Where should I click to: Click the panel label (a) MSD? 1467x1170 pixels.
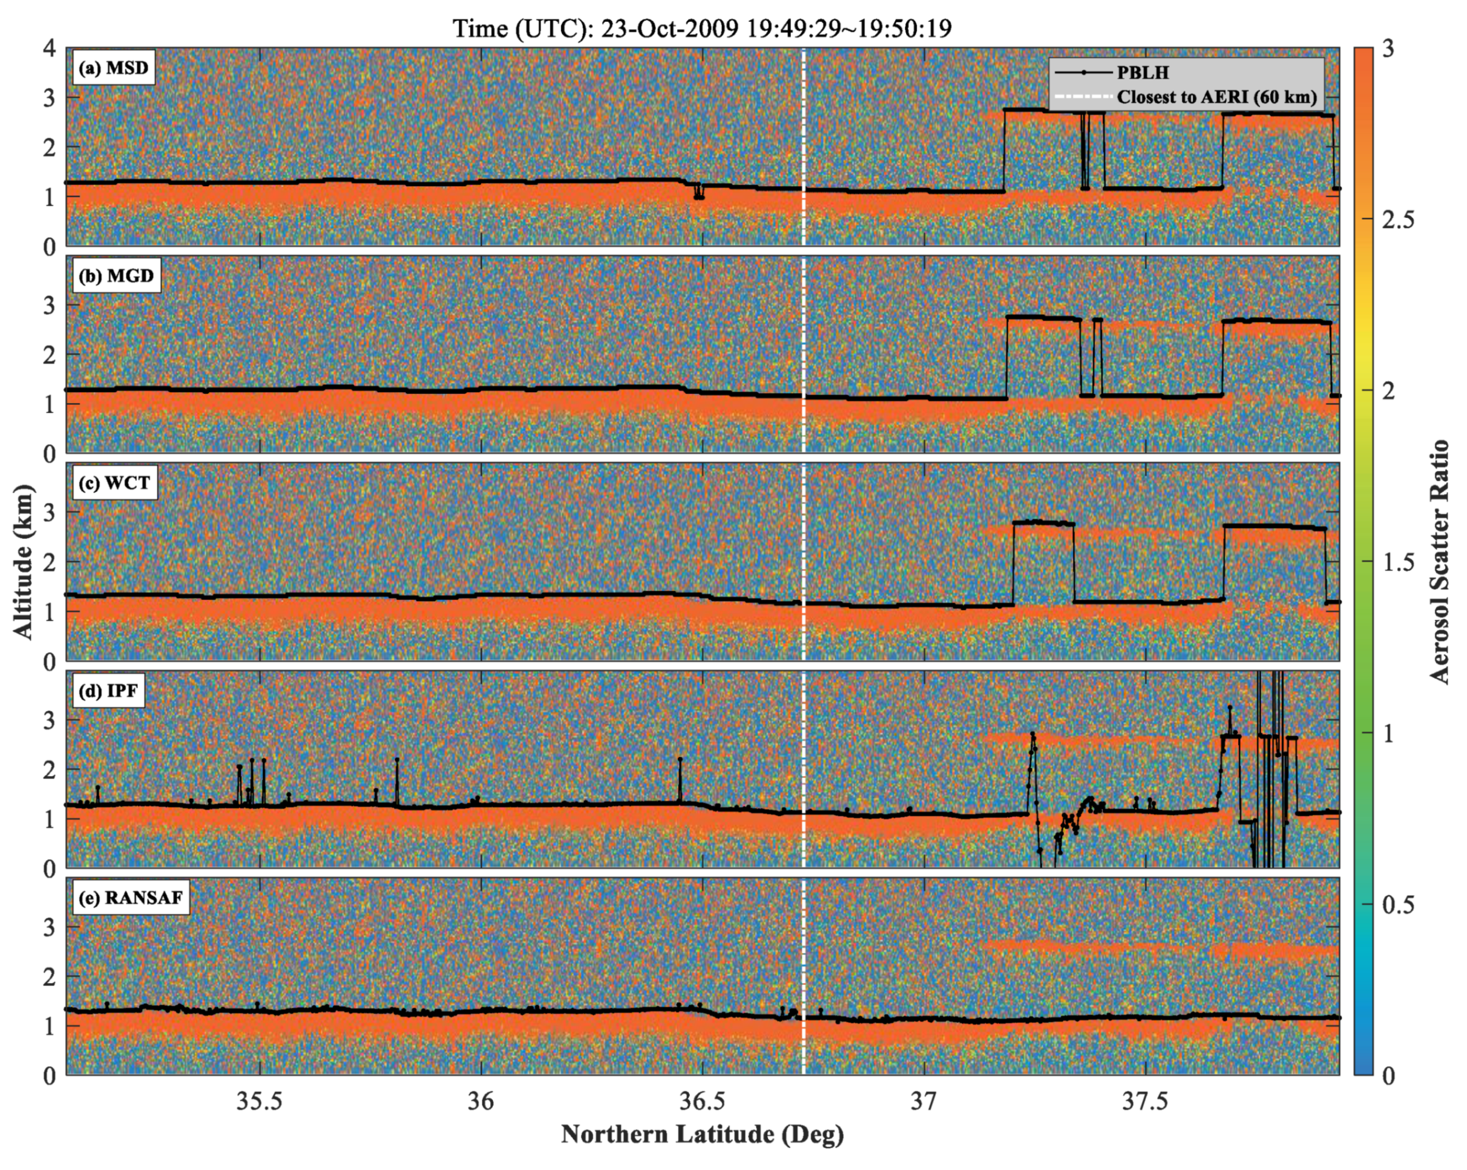click(x=113, y=69)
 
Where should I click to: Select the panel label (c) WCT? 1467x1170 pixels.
click(x=114, y=483)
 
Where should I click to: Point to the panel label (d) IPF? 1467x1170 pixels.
click(x=108, y=691)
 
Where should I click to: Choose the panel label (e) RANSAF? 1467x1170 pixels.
click(x=131, y=898)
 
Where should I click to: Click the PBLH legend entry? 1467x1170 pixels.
click(x=1143, y=72)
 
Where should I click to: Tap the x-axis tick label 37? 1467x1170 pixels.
click(x=924, y=1101)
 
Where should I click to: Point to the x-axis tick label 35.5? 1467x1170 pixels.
click(x=258, y=1101)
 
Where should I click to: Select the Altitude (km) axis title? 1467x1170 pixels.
click(x=23, y=562)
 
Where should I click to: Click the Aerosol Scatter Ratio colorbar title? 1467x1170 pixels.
click(x=1439, y=562)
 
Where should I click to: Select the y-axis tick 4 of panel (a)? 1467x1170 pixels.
click(x=49, y=48)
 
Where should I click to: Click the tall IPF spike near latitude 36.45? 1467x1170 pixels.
click(x=680, y=780)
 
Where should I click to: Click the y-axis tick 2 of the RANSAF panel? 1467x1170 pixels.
click(x=49, y=976)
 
